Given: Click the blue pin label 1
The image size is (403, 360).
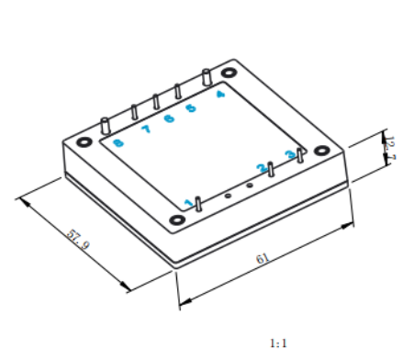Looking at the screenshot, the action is pyautogui.click(x=189, y=203).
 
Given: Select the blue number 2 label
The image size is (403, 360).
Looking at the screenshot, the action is pyautogui.click(x=262, y=168).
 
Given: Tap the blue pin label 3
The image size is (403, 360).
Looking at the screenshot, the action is pyautogui.click(x=290, y=154).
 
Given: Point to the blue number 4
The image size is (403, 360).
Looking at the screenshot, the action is pyautogui.click(x=220, y=94).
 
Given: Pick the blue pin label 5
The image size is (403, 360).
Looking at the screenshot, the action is pyautogui.click(x=191, y=108).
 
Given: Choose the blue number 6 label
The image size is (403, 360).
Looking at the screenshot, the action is pyautogui.click(x=169, y=118).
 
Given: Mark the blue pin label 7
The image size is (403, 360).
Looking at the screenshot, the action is pyautogui.click(x=146, y=129).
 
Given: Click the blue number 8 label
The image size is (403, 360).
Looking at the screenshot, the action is pyautogui.click(x=118, y=143).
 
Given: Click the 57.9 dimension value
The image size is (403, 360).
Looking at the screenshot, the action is pyautogui.click(x=78, y=240).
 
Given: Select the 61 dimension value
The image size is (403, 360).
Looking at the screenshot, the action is pyautogui.click(x=263, y=258).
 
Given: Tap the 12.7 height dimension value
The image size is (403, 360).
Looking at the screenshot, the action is pyautogui.click(x=390, y=148).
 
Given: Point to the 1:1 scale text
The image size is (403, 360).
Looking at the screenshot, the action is pyautogui.click(x=278, y=343).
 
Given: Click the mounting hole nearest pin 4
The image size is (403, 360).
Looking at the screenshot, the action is pyautogui.click(x=229, y=73).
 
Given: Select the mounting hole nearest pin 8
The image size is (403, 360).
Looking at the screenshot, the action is pyautogui.click(x=84, y=142).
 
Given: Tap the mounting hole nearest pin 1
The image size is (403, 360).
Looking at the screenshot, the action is pyautogui.click(x=177, y=219).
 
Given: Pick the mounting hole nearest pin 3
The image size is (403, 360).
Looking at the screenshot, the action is pyautogui.click(x=322, y=151).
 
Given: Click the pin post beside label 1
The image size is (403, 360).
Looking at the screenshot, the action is pyautogui.click(x=198, y=204).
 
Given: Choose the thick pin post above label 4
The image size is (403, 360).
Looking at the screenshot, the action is pyautogui.click(x=207, y=78).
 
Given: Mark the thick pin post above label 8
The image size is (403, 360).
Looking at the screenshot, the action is pyautogui.click(x=106, y=126).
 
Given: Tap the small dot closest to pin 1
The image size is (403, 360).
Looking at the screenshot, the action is pyautogui.click(x=228, y=196).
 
